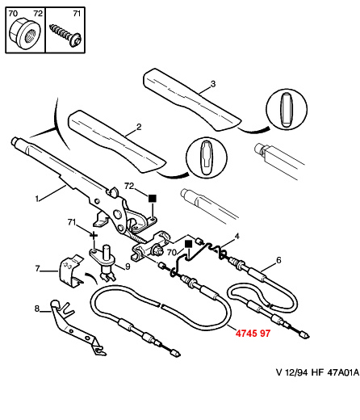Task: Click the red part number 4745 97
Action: tap(253, 334)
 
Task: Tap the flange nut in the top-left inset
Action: tap(25, 34)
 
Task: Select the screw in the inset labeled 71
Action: tap(66, 36)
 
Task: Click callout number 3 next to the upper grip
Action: tap(213, 84)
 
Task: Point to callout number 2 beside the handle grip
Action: tap(139, 127)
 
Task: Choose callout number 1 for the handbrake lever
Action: tap(37, 199)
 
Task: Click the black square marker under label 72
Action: tap(153, 198)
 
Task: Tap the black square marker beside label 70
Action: tap(188, 244)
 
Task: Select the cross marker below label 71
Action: tap(94, 236)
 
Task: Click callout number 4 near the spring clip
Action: tap(237, 237)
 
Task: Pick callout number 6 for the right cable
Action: tap(278, 260)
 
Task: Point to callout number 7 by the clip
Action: tap(37, 268)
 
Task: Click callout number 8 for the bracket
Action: tap(37, 309)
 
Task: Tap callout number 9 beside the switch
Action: tap(128, 267)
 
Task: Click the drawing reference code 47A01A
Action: tap(343, 372)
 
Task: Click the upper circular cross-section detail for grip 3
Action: tap(287, 110)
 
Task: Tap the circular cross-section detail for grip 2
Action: tap(207, 157)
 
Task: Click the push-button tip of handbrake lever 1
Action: tap(15, 141)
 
